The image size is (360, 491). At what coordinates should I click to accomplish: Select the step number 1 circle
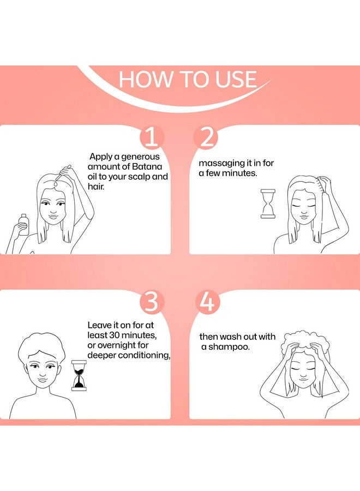152,137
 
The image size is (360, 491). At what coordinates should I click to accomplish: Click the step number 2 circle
206,137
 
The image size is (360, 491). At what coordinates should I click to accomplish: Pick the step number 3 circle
152,302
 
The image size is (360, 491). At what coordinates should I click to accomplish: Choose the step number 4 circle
207,302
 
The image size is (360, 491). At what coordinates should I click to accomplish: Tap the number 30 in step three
114,336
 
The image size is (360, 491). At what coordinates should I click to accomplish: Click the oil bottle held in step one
23,224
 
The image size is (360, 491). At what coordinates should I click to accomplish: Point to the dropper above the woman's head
64,172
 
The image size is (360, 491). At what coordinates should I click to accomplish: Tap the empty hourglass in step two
268,204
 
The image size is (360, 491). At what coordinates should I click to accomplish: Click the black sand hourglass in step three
79,375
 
